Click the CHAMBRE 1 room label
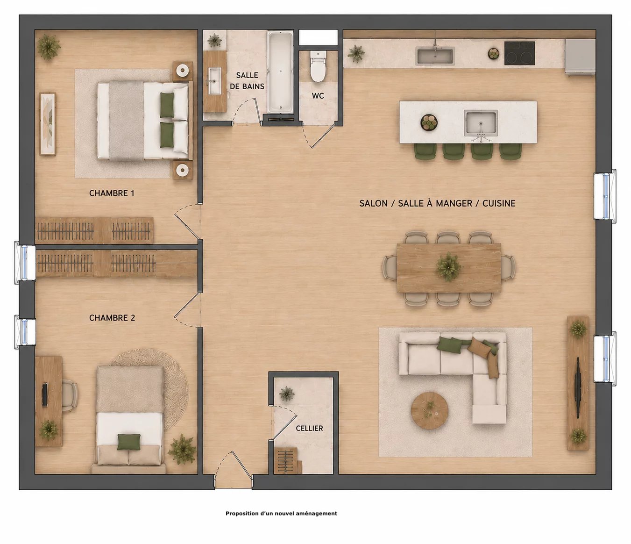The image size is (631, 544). pos(112,193)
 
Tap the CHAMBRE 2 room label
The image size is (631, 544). pos(112,318)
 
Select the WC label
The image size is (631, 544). pos(318,96)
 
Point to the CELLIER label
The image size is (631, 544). pos(309,428)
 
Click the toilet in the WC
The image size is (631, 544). pos(318,66)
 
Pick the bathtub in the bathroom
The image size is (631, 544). pos(280,72)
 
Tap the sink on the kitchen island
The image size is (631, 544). pos(481,123)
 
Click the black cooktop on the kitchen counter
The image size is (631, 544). pos(519,53)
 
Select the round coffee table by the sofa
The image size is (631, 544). pos(429,411)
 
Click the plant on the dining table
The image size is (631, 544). pos(448,266)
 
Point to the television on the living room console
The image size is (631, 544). pos(577,388)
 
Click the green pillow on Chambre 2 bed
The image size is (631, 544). pos(129,442)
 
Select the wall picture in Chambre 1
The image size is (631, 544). pos(48,124)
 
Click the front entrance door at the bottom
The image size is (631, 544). pos(234,471)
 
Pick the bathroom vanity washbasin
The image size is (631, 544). pos(215,81)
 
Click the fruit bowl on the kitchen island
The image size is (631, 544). pos(429,122)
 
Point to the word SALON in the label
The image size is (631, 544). pos(373,203)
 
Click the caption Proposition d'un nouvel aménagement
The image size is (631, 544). pos(281,514)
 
